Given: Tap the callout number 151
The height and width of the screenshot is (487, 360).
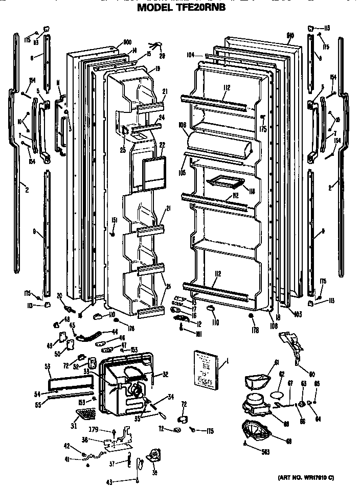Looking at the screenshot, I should point(114,220).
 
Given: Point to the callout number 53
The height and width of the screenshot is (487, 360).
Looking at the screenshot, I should point(48,367).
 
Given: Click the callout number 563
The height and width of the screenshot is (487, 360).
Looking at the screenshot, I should point(264,451).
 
